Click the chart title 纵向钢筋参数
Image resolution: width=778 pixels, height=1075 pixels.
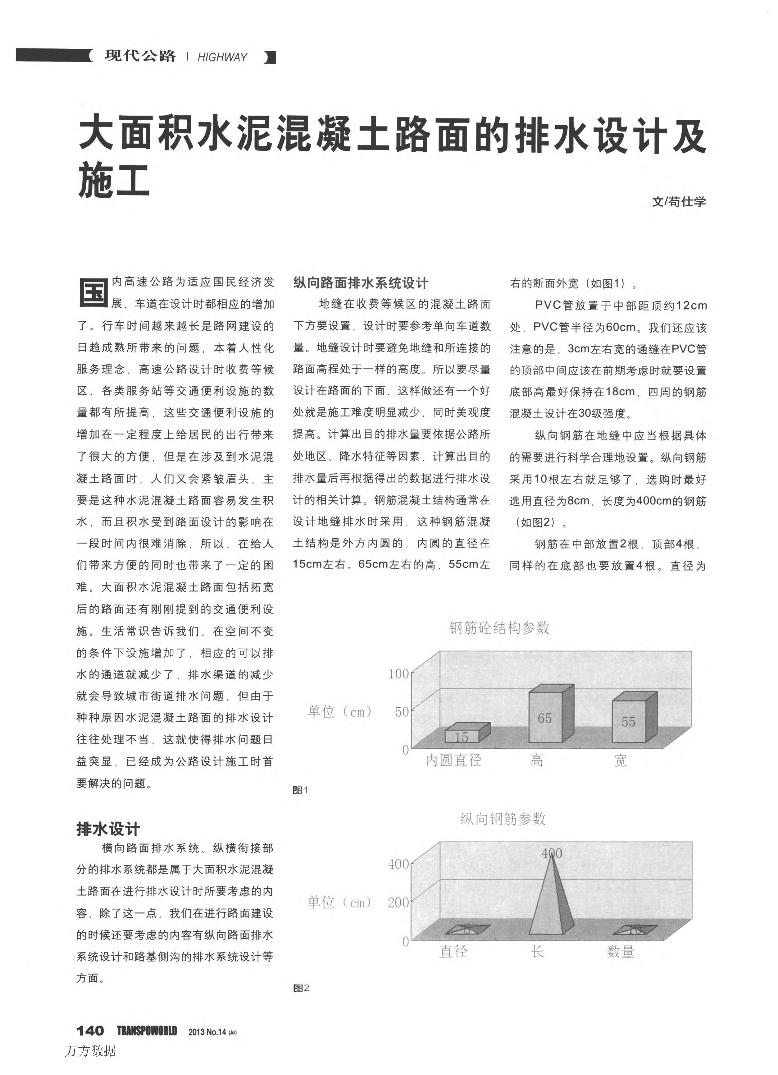click(503, 819)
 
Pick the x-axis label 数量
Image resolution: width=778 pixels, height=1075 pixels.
click(621, 951)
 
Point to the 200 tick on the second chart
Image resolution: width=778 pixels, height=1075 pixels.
click(398, 902)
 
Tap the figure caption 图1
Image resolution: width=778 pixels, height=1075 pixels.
click(300, 790)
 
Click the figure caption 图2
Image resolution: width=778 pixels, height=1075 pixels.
click(301, 988)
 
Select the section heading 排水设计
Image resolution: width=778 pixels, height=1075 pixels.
click(108, 829)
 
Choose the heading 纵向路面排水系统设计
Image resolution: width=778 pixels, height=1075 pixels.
click(360, 283)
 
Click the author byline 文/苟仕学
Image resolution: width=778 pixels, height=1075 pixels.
click(679, 201)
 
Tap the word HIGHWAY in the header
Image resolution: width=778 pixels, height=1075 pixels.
click(222, 57)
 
